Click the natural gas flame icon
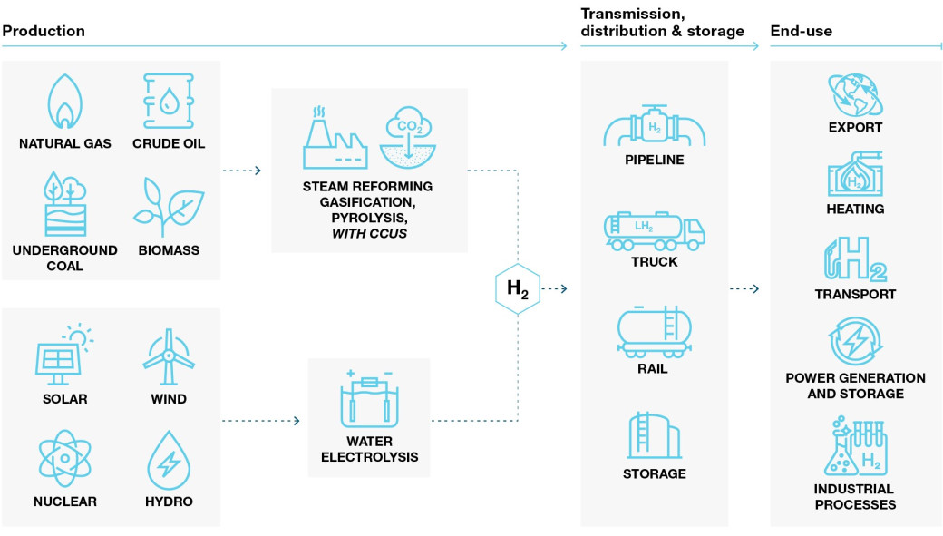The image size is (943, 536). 64,101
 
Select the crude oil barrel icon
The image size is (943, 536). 169,101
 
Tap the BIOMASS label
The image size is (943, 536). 169,250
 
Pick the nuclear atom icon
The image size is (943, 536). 64,459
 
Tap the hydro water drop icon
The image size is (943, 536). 169,459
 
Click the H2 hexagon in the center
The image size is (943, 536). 518,289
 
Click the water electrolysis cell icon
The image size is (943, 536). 369,402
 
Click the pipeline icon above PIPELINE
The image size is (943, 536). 654,126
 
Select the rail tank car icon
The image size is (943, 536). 654,330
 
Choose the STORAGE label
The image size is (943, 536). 654,473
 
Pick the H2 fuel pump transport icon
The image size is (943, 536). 855,259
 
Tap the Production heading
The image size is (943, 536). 44,31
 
